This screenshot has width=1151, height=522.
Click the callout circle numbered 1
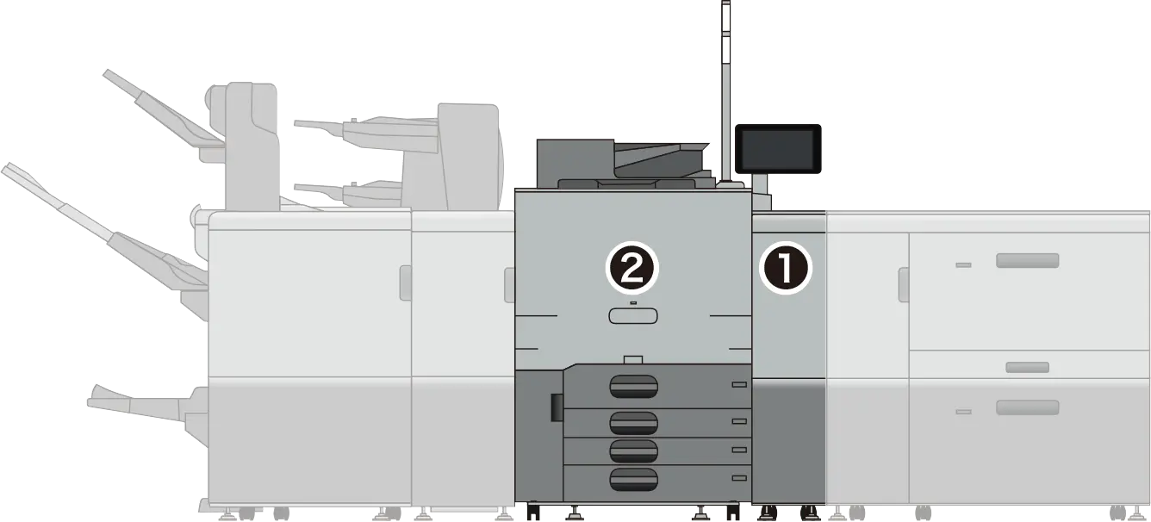[785, 268]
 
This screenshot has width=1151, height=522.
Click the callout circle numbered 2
[631, 268]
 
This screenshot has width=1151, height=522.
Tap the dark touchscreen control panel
[777, 148]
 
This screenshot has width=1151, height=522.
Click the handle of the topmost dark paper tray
[633, 387]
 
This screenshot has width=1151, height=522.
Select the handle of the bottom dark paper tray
[633, 479]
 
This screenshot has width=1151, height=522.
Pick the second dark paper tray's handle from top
[633, 423]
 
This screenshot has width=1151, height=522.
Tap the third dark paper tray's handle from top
[633, 451]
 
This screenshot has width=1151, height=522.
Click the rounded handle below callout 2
[633, 316]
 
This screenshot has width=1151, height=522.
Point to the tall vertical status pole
[725, 92]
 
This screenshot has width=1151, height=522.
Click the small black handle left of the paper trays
[557, 407]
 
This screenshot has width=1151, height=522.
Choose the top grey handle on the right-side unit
[1027, 260]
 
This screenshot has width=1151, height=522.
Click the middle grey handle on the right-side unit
[1027, 367]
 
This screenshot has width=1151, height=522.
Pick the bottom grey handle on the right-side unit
[1027, 407]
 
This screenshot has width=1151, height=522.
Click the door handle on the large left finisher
[406, 283]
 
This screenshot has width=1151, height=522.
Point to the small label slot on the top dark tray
[739, 384]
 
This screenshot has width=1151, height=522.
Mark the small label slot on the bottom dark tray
[739, 478]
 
